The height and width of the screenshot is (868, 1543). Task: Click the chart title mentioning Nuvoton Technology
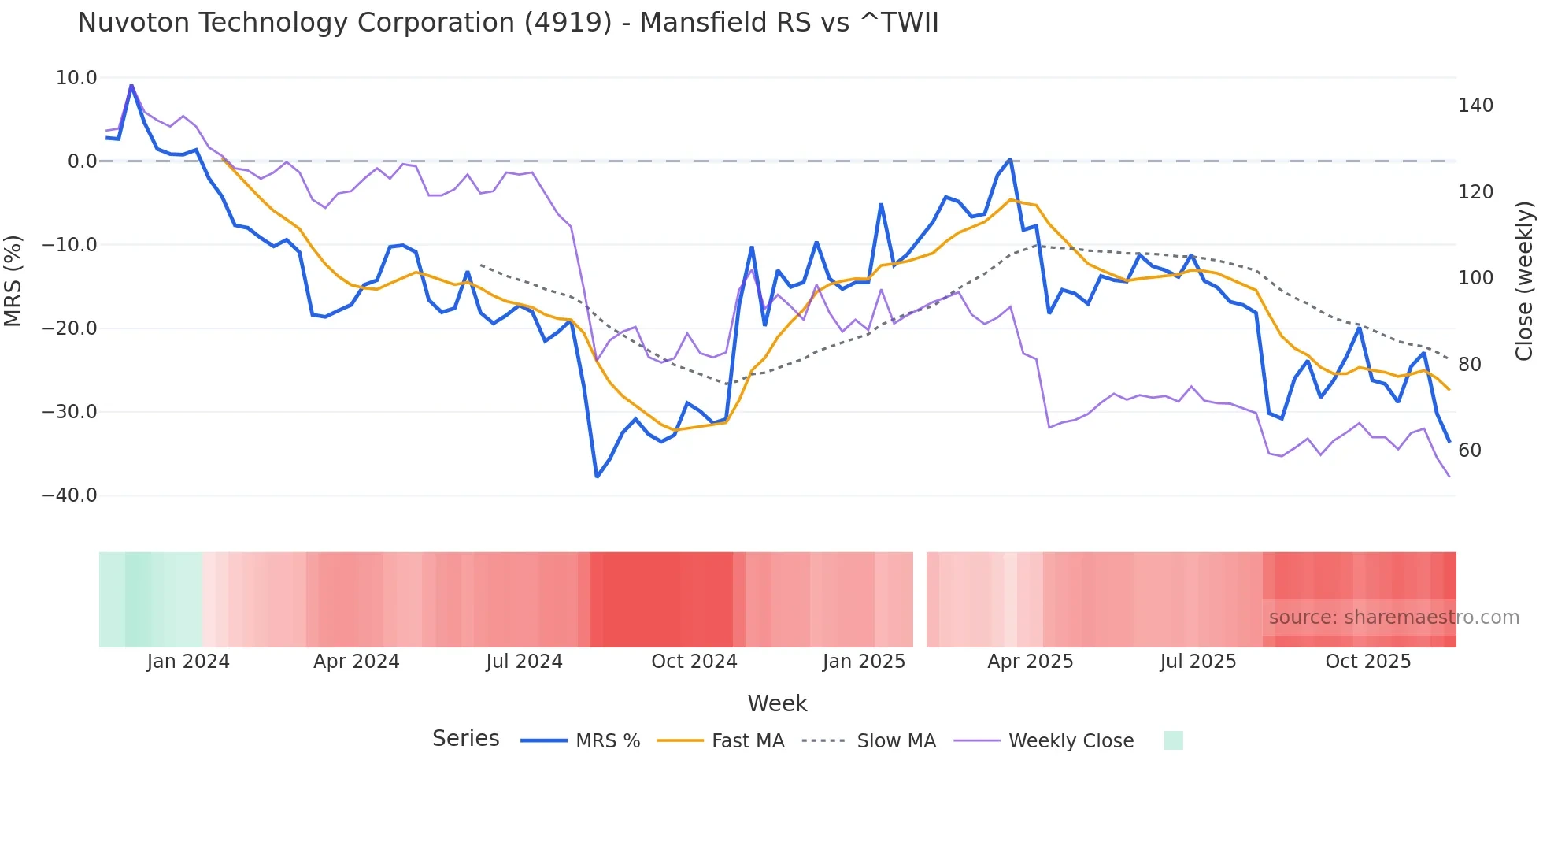coord(508,22)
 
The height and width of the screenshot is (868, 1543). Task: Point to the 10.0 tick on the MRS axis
coord(76,78)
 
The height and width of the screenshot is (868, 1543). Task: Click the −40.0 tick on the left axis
coord(69,495)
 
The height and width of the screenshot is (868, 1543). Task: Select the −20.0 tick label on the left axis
coord(69,328)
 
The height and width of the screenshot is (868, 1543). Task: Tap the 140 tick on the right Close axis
coord(1475,106)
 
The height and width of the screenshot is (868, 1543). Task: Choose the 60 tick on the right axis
coord(1470,451)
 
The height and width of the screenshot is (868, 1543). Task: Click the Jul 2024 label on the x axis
coord(524,662)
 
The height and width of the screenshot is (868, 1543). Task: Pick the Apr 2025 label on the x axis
coord(1030,662)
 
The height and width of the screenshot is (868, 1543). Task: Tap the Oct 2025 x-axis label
coord(1367,662)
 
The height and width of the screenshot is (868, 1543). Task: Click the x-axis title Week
coord(777,703)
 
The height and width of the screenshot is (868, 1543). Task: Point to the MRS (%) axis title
coord(13,281)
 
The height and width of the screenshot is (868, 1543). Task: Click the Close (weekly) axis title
coord(1524,281)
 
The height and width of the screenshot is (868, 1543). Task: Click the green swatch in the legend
coord(1173,740)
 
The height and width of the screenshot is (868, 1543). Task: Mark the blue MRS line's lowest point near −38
coord(597,477)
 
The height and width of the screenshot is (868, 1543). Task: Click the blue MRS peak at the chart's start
coord(131,85)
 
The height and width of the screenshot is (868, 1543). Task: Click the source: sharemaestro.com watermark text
coord(1393,618)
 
